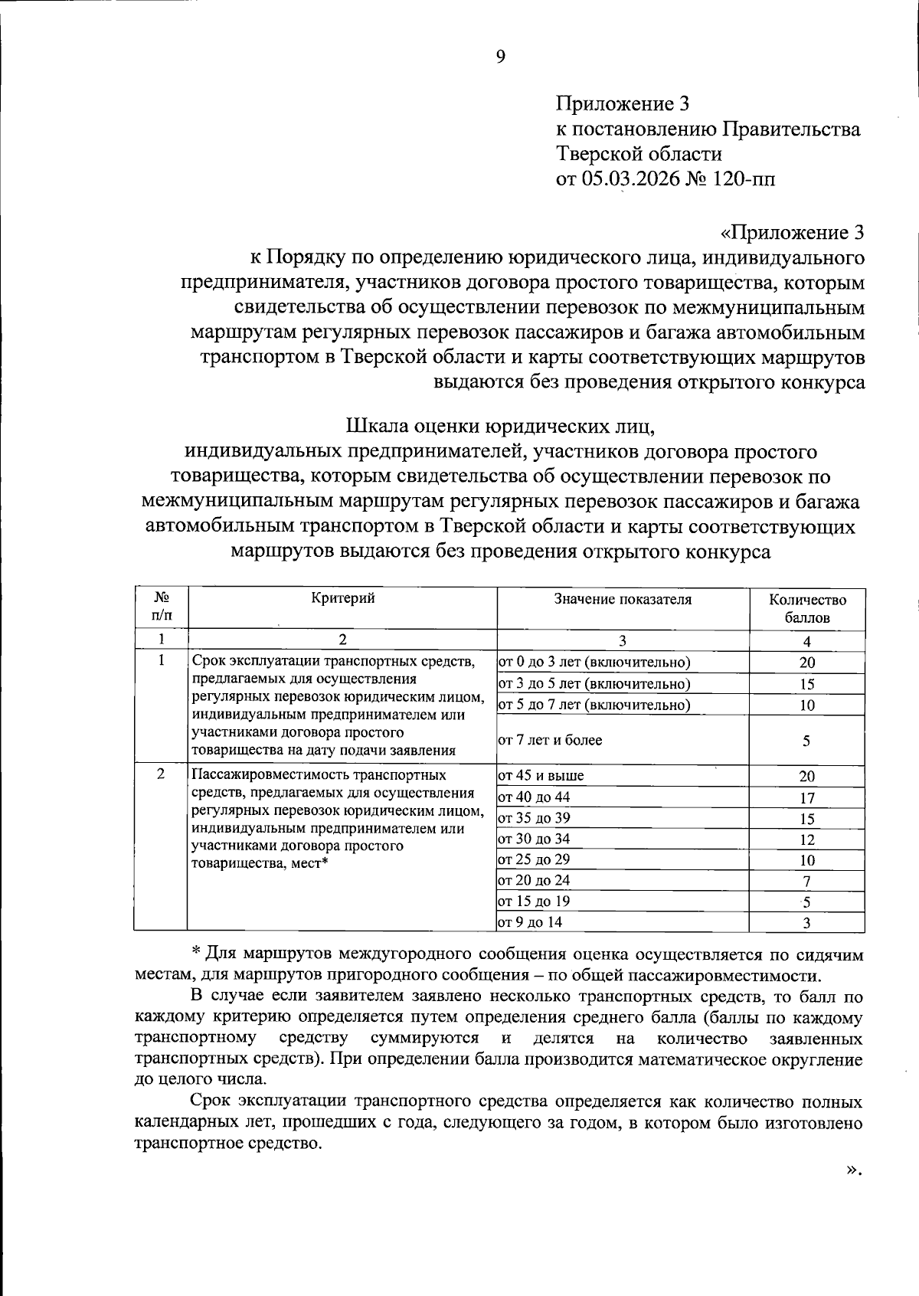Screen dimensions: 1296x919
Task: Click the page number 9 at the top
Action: point(500,57)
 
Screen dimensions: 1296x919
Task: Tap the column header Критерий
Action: point(342,599)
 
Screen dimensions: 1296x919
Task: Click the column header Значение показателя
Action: point(623,600)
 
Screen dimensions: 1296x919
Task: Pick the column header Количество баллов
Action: point(807,609)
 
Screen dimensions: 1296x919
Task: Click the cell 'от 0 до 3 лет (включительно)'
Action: point(594,663)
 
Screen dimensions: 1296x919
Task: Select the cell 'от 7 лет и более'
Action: point(550,740)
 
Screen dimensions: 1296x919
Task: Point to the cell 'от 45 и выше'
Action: point(541,776)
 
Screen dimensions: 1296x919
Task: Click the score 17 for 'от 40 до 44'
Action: point(807,798)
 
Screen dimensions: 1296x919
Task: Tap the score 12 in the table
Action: point(807,839)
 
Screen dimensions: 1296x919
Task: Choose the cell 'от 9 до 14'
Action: point(530,922)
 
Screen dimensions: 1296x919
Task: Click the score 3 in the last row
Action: point(807,923)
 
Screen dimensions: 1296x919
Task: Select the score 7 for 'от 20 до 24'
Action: point(807,882)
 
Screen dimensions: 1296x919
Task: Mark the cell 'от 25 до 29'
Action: point(534,860)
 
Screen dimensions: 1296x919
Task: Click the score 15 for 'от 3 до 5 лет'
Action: point(807,684)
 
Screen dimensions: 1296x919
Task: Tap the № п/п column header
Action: point(161,606)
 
